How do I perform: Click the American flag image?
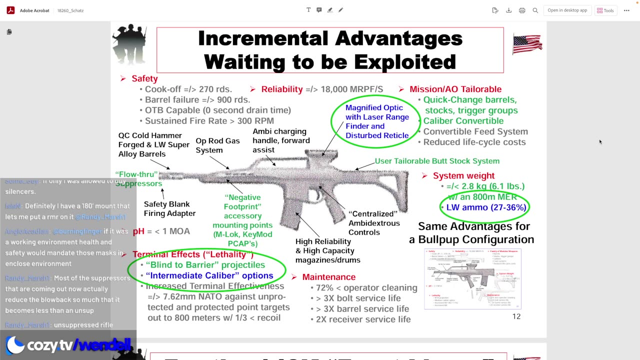click(x=527, y=44)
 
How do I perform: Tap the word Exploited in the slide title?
click(x=405, y=62)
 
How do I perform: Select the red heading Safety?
click(x=144, y=78)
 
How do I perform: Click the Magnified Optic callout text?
click(x=377, y=121)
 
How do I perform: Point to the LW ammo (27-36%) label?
click(x=486, y=207)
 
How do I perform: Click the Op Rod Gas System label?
click(x=217, y=145)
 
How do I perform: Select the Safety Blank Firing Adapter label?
click(x=169, y=208)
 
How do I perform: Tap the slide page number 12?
click(x=516, y=316)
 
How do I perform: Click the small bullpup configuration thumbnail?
click(x=472, y=278)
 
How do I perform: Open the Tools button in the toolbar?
click(x=605, y=10)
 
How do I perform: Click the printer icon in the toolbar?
click(x=522, y=10)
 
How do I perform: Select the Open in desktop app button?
click(x=567, y=10)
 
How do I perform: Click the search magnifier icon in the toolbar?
click(x=535, y=10)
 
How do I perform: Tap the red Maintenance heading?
click(x=328, y=277)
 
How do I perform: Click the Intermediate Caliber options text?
click(x=209, y=275)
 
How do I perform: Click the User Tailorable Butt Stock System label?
click(x=437, y=161)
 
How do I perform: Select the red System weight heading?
click(x=463, y=175)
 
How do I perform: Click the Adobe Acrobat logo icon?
click(x=10, y=10)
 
